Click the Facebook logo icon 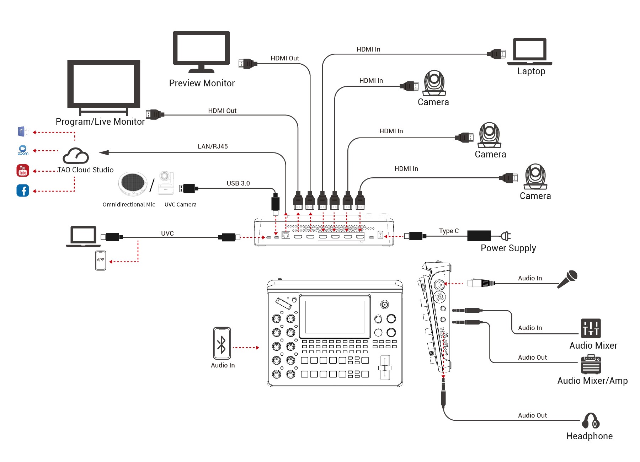coord(23,190)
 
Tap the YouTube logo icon coord(23,171)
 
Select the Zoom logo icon coord(23,150)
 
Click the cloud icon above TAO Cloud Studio coord(75,156)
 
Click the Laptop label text coord(531,71)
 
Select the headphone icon coord(591,421)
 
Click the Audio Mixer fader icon coord(591,328)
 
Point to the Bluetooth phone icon coord(222,343)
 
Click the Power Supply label coord(508,248)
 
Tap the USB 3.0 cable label coord(238,183)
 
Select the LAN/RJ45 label coord(213,146)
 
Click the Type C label coord(449,231)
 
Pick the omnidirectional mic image coord(133,184)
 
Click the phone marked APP coord(101,260)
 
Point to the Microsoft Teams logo coord(23,131)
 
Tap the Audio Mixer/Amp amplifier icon coord(591,365)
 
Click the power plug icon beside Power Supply coord(506,236)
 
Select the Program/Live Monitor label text coord(100,122)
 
